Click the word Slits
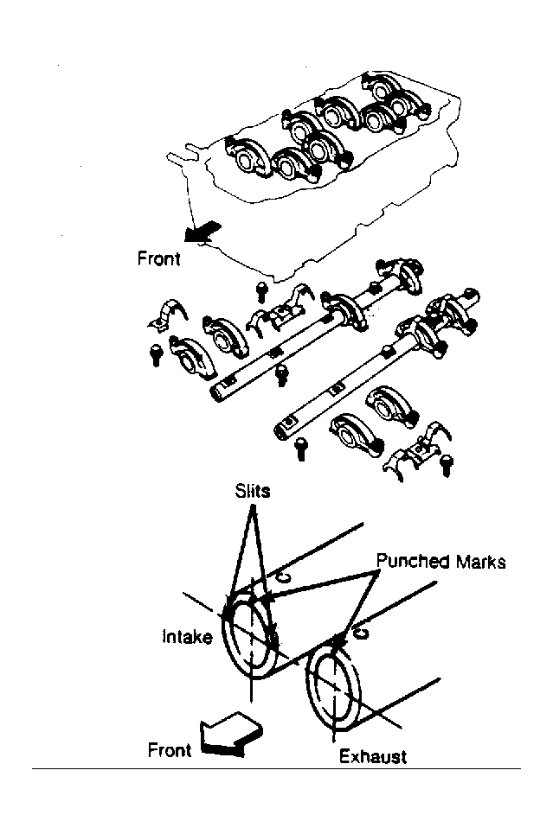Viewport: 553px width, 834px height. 253,490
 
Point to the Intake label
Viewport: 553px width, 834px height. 187,636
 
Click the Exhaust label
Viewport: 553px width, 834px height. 372,756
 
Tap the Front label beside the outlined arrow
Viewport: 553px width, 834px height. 169,750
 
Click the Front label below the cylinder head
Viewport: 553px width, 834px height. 158,258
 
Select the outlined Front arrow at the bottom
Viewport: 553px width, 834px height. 231,734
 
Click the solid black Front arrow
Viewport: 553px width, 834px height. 202,232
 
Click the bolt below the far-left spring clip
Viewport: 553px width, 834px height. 156,355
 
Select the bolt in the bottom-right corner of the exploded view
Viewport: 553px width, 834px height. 447,466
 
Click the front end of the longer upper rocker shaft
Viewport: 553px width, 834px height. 217,392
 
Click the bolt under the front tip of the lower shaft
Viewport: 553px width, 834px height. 301,449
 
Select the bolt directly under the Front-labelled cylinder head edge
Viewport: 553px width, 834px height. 261,291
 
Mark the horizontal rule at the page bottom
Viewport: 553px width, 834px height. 276,768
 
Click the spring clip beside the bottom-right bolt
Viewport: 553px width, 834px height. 417,450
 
